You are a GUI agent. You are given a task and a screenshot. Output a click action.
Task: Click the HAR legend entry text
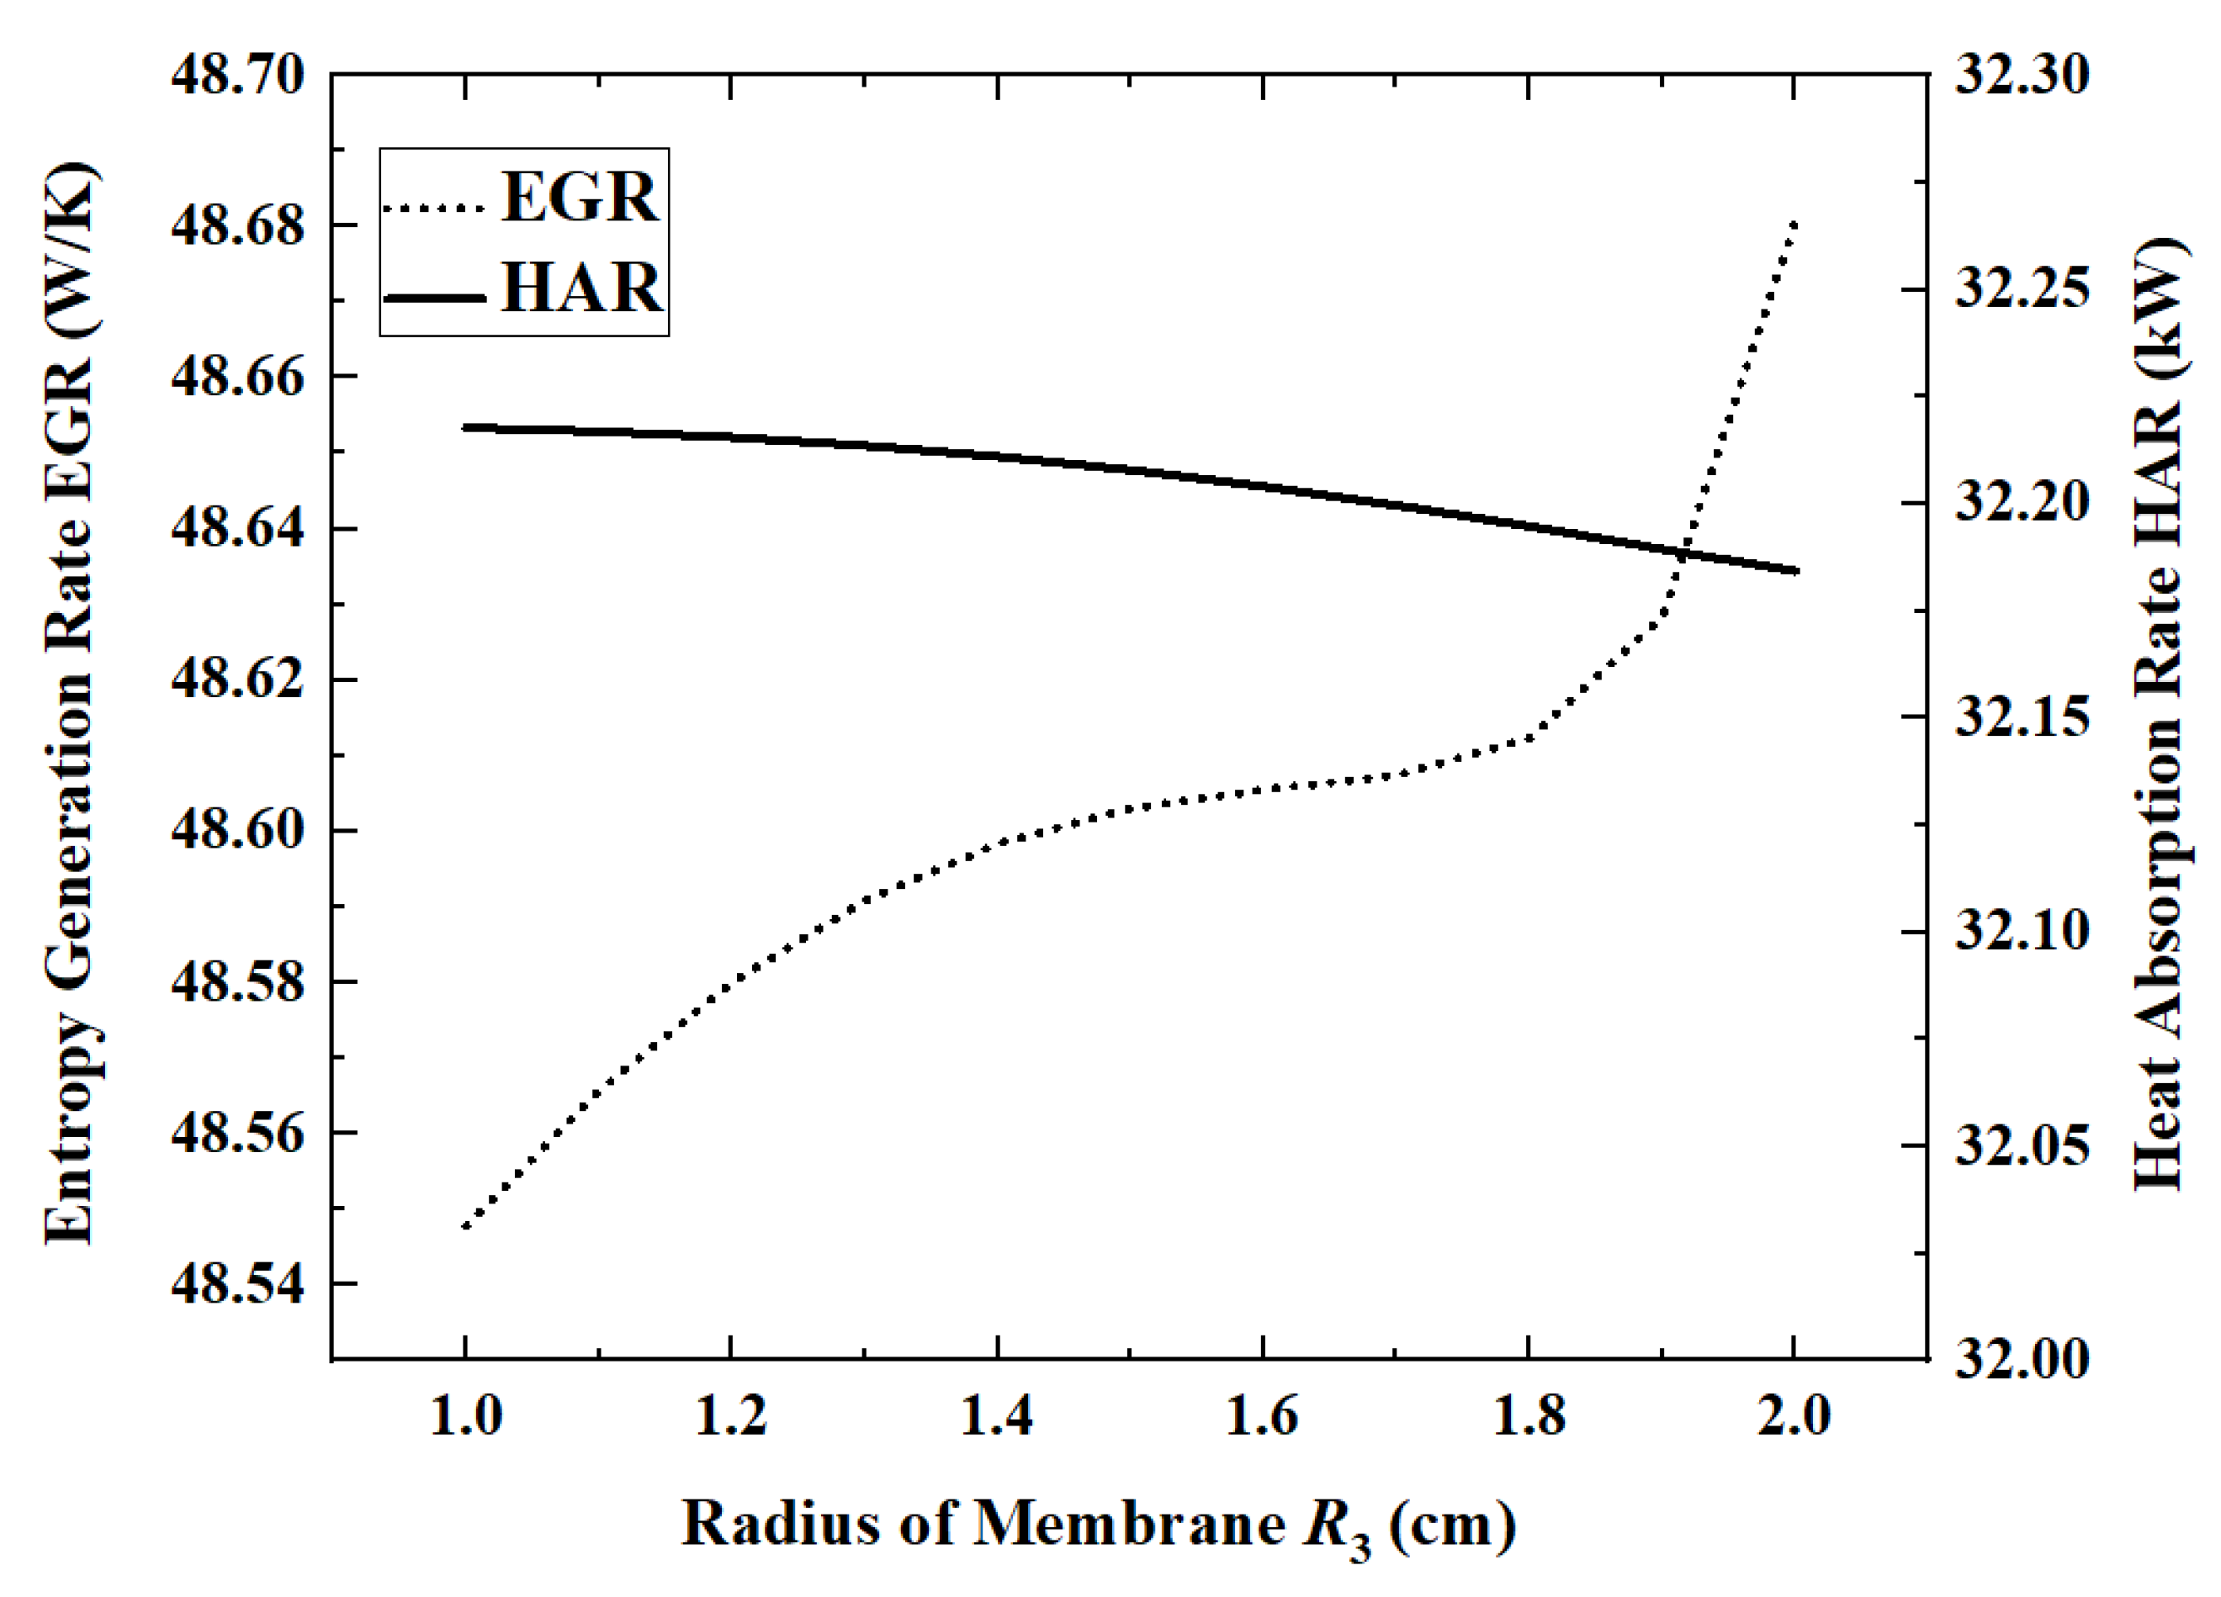pyautogui.click(x=580, y=288)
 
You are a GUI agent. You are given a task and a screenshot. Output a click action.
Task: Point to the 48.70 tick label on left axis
pyautogui.click(x=238, y=76)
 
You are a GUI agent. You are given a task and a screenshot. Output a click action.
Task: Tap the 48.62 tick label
pyautogui.click(x=238, y=680)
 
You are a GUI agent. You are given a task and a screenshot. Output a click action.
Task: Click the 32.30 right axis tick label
pyautogui.click(x=2022, y=76)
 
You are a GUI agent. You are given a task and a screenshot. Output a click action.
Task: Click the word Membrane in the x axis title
pyautogui.click(x=1127, y=1525)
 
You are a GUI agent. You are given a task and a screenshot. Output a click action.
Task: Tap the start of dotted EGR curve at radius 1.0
pyautogui.click(x=466, y=1226)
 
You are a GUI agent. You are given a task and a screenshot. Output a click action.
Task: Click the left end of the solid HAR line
pyautogui.click(x=466, y=427)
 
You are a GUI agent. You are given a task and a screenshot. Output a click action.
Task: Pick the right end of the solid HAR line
pyautogui.click(x=1797, y=571)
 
